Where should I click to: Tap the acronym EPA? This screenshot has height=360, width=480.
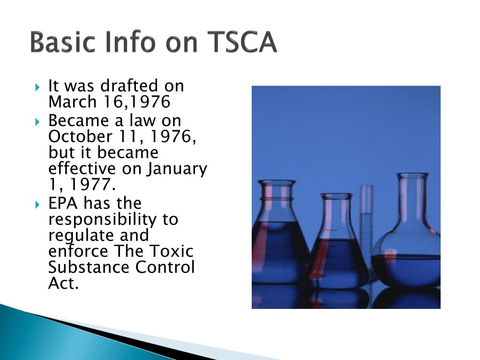click(65, 204)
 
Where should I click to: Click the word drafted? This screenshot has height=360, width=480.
click(129, 86)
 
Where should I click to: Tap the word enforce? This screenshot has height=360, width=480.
click(78, 251)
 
